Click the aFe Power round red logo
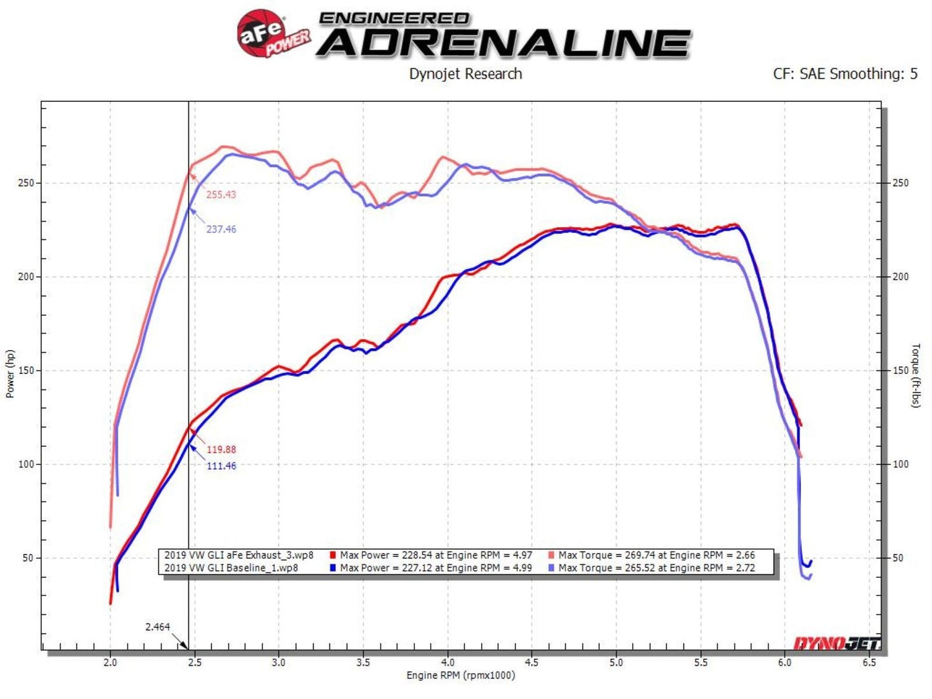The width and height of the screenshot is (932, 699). click(x=262, y=34)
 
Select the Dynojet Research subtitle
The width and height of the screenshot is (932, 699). click(x=465, y=74)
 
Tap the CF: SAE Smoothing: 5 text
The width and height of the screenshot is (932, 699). click(x=845, y=74)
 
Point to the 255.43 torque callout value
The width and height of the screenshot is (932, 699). click(x=221, y=195)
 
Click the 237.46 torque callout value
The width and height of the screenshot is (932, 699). click(x=221, y=229)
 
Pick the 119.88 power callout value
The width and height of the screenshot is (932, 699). click(x=221, y=449)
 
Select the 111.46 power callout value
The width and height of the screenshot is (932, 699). click(x=221, y=466)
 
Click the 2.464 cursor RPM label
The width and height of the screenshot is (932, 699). click(x=157, y=627)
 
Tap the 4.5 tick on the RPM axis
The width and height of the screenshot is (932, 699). click(x=532, y=662)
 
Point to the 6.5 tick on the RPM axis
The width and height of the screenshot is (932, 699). click(x=869, y=662)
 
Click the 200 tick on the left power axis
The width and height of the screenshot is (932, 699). click(x=26, y=277)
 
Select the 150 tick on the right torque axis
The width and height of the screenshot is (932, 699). click(x=900, y=371)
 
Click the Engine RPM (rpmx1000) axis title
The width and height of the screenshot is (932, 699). click(x=461, y=675)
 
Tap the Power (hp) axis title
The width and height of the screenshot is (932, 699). click(x=10, y=374)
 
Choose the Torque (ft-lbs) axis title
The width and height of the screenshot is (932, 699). click(x=916, y=375)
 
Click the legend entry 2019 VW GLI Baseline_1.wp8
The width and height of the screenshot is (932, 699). click(x=231, y=568)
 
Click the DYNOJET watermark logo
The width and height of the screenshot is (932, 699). click(x=836, y=643)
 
